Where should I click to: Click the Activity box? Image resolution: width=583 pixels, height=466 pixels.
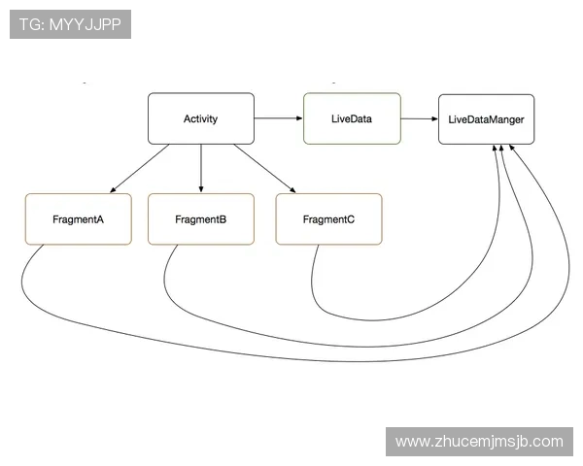201,118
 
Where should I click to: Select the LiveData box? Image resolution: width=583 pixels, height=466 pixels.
352,118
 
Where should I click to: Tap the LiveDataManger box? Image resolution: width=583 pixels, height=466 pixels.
487,119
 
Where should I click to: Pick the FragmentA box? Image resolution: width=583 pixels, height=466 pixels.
79,218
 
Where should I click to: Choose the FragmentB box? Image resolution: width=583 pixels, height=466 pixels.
201,218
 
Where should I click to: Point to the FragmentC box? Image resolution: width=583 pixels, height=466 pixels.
328,218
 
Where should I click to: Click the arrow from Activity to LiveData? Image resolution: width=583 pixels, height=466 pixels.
279,118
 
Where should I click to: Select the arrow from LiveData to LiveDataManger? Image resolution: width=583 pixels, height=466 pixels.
420,118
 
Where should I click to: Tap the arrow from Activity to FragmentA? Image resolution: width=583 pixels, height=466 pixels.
139,168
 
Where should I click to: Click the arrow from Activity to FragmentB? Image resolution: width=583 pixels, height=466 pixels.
201,168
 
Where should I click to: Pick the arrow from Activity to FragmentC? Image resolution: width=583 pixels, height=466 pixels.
264,168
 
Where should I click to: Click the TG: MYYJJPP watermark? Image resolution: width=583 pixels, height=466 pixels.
70,24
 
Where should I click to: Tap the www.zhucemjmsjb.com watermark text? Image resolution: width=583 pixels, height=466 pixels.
479,442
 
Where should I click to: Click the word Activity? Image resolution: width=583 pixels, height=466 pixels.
201,118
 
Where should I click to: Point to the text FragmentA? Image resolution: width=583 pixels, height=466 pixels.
78,219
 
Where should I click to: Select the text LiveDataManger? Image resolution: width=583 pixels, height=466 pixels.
487,119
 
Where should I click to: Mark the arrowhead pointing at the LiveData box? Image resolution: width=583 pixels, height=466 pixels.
299,118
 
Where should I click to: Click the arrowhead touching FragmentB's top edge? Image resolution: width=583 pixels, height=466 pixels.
201,189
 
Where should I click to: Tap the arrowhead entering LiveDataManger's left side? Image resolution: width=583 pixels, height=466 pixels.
435,118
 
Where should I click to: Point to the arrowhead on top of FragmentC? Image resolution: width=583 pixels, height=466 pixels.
293,190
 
